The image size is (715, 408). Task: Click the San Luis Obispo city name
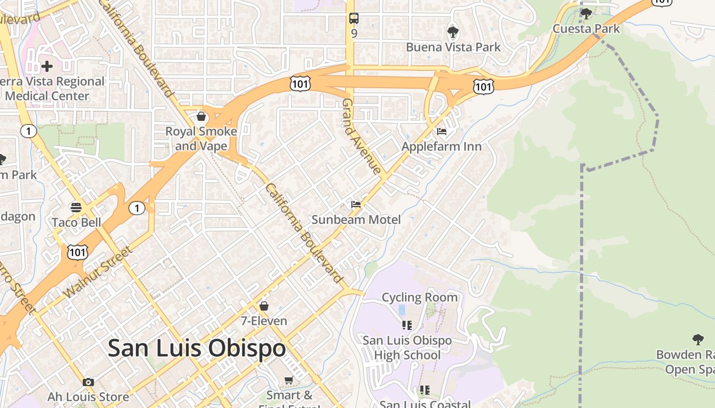[197, 348]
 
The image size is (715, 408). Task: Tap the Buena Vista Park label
[453, 47]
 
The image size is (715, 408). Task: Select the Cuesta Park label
[586, 29]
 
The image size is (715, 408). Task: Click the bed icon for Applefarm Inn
[442, 132]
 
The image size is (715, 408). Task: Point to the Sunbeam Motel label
[356, 220]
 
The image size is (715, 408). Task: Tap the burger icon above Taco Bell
[76, 208]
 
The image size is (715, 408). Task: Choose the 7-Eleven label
[264, 321]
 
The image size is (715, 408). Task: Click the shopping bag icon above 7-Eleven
[264, 306]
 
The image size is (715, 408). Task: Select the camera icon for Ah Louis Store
[88, 382]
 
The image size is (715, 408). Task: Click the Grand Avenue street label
[362, 137]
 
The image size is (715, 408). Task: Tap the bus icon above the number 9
[354, 19]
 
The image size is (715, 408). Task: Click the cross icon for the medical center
[47, 66]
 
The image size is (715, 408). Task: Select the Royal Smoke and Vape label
[201, 139]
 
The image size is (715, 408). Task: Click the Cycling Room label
[419, 297]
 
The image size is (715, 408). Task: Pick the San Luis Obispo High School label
[407, 348]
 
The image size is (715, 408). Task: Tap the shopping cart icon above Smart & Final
[289, 380]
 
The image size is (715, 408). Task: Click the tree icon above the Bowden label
[698, 339]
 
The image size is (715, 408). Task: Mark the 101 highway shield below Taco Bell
[77, 251]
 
